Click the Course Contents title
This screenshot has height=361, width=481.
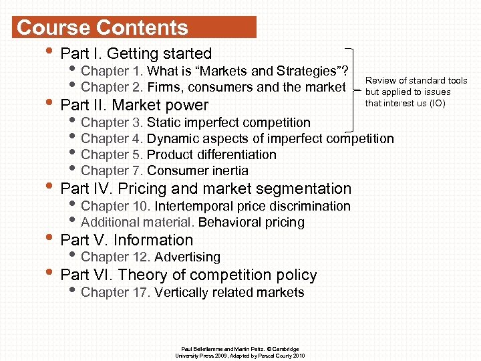(x=103, y=27)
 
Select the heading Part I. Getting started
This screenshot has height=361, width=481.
(x=136, y=53)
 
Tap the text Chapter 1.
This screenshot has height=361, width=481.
(x=112, y=71)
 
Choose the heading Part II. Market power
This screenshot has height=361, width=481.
(x=134, y=105)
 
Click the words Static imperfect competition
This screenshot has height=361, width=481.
(x=228, y=122)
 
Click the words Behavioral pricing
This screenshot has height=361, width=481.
(x=251, y=222)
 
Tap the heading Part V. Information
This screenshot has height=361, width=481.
(x=126, y=240)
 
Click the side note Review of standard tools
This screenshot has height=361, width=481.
(x=416, y=81)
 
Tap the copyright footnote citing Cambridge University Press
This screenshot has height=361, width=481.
(x=240, y=352)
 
